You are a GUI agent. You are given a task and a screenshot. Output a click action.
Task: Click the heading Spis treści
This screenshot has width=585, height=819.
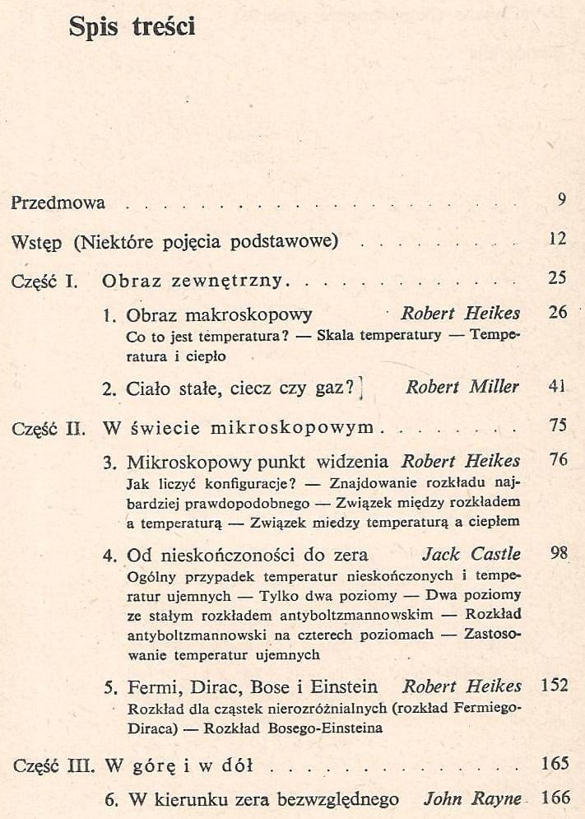pyautogui.click(x=132, y=27)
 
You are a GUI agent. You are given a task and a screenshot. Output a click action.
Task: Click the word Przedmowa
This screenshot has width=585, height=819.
pyautogui.click(x=58, y=202)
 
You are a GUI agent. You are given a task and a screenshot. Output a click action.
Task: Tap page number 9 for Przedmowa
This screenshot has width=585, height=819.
pyautogui.click(x=561, y=198)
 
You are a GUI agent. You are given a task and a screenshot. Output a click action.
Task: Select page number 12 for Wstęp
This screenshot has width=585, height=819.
pyautogui.click(x=558, y=240)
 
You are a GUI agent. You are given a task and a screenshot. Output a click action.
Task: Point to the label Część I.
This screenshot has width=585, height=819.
pyautogui.click(x=45, y=281)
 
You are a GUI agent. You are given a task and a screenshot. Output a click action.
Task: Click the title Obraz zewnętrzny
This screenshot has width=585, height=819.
pyautogui.click(x=193, y=281)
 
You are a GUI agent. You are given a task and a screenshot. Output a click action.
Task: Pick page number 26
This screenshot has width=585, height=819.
pyautogui.click(x=558, y=313)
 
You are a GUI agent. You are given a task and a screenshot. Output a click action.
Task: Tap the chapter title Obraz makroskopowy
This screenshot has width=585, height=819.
pyautogui.click(x=219, y=314)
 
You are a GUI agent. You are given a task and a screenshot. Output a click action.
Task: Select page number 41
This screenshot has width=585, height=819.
pyautogui.click(x=558, y=387)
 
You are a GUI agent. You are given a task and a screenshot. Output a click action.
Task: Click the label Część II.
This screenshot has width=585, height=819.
pyautogui.click(x=49, y=428)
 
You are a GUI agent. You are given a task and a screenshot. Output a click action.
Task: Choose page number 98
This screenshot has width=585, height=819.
pyautogui.click(x=559, y=553)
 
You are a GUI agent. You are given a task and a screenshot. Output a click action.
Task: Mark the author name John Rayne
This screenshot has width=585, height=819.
pyautogui.click(x=472, y=798)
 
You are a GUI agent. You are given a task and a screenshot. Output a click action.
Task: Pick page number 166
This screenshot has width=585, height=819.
pyautogui.click(x=555, y=798)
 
